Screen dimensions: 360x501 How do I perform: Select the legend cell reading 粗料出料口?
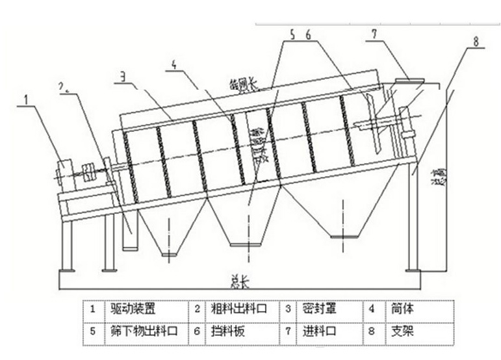coord(236,308)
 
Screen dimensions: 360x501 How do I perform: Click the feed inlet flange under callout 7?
coord(409,82)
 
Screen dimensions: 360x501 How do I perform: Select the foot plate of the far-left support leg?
coord(67,269)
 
